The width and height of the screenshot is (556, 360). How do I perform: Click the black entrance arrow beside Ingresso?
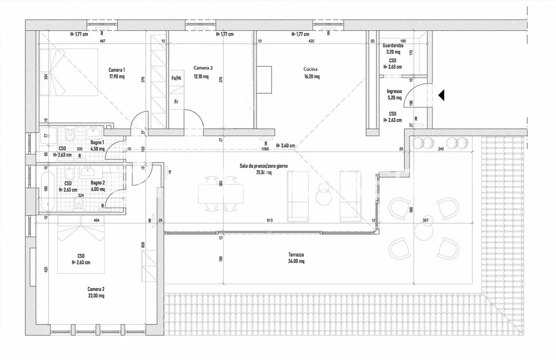(441, 95)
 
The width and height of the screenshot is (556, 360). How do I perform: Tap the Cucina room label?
(310, 69)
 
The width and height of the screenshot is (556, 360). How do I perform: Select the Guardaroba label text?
(393, 46)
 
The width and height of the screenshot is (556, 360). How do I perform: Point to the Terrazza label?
(296, 255)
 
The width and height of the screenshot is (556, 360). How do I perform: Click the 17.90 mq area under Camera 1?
(117, 76)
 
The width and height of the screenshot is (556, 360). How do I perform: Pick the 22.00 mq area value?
(96, 296)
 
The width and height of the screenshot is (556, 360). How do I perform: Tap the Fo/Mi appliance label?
(176, 78)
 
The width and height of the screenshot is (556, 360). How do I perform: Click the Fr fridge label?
(176, 102)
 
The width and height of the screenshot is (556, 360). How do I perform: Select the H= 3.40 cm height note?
(285, 146)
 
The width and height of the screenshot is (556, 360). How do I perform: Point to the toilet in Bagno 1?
(70, 135)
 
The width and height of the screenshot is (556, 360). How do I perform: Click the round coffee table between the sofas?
(324, 197)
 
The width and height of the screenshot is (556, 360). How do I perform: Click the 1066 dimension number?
(265, 149)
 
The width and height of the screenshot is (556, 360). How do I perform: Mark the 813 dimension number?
(270, 221)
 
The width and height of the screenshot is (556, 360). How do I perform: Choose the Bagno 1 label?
(97, 143)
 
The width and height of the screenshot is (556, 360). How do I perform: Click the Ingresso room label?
(394, 92)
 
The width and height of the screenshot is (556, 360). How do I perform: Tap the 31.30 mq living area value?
(264, 173)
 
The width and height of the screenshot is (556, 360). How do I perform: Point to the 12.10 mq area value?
(201, 76)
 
